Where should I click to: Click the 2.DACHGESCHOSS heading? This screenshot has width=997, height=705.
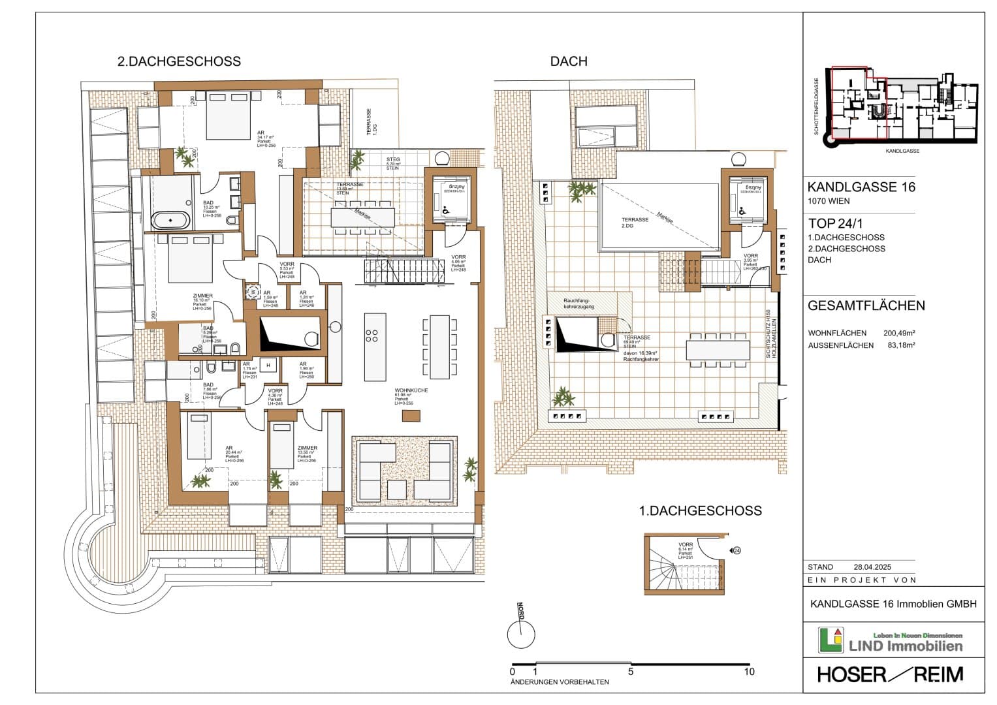179,61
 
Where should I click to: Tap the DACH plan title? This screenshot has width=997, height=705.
569,61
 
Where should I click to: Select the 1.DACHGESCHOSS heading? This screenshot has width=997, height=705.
700,510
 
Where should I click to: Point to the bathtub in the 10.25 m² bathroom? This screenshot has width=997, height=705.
171,220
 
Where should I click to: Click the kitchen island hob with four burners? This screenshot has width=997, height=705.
372,336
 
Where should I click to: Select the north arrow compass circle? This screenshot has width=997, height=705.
521,634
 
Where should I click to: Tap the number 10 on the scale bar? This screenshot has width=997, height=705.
749,671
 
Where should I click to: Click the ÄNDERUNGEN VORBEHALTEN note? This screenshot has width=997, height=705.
560,682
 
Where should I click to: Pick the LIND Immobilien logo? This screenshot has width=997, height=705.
891,640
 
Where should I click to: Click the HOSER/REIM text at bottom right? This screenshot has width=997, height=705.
891,674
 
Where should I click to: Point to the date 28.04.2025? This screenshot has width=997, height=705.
872,567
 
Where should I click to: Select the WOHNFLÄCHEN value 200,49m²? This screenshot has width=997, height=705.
899,334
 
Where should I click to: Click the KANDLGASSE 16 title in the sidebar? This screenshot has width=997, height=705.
861,187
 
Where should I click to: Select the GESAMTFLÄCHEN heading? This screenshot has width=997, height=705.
866,305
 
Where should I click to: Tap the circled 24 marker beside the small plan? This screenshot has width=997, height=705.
736,550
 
